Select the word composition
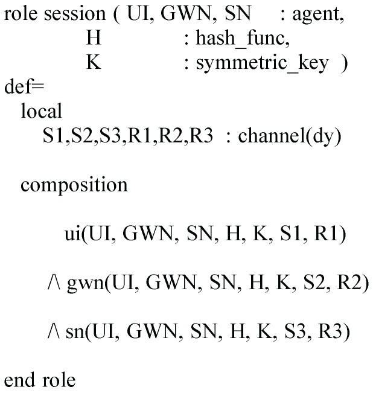[74, 185]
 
